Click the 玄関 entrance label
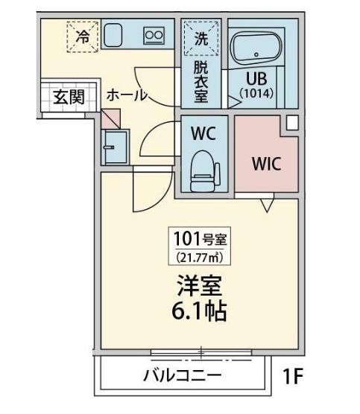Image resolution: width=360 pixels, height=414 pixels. [68, 97]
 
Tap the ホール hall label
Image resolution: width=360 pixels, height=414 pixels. [126, 95]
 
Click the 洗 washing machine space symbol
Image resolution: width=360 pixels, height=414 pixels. [200, 39]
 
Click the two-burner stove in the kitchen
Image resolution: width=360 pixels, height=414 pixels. [154, 34]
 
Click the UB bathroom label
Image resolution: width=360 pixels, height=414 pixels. [257, 77]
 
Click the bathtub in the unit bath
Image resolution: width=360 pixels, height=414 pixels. [256, 48]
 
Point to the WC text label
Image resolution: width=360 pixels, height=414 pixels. [203, 135]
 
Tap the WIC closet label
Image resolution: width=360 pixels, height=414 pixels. [266, 162]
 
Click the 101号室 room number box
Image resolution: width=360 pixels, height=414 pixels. [201, 240]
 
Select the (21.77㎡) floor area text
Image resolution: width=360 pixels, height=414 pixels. [201, 257]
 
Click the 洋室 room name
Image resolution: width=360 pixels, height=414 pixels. [200, 287]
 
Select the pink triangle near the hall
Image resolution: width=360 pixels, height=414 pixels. [112, 118]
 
